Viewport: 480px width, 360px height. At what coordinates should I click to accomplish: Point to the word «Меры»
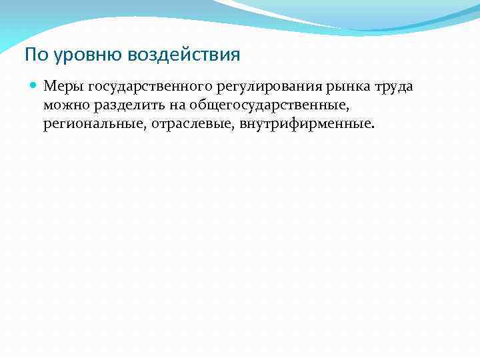62,87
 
